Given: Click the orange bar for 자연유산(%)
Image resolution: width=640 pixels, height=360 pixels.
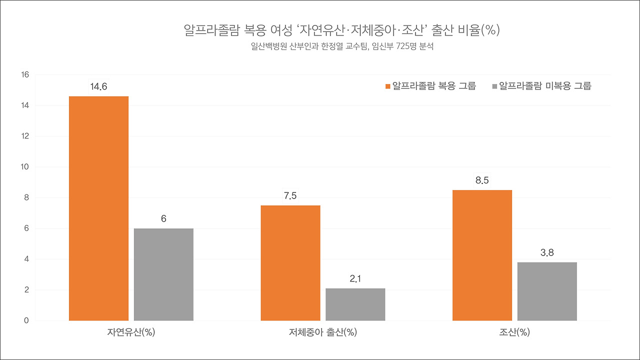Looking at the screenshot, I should [98, 208].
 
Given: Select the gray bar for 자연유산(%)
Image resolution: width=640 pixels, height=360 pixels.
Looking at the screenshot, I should [163, 274].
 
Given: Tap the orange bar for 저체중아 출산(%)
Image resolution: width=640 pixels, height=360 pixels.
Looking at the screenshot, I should [290, 263].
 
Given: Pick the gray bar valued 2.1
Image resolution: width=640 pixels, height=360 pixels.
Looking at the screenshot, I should [355, 304].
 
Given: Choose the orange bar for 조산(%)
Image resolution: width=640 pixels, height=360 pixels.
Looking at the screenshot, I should [482, 255].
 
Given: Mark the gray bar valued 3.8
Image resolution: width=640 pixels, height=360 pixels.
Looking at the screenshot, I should [547, 291].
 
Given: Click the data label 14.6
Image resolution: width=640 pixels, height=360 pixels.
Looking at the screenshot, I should [98, 87].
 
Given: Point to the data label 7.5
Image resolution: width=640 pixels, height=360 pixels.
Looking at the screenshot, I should [290, 196].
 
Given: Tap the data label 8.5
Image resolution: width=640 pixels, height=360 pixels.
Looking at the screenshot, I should [482, 181].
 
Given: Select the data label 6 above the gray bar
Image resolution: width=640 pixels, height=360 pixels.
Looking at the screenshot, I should [163, 219].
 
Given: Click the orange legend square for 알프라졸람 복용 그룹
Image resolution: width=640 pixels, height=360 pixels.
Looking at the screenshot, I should [387, 86].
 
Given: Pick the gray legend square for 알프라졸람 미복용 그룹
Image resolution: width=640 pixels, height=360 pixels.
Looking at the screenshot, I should [495, 86].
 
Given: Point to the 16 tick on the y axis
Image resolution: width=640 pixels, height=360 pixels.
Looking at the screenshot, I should [25, 75].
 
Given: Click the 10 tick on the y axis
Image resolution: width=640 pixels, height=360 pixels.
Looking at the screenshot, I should [25, 167].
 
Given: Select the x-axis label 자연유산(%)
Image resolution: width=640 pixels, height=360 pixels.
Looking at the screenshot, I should [131, 332].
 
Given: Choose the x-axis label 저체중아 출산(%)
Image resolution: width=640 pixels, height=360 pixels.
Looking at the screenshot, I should [323, 332].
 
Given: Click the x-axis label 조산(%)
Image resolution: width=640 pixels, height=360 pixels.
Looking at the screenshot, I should [514, 332].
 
